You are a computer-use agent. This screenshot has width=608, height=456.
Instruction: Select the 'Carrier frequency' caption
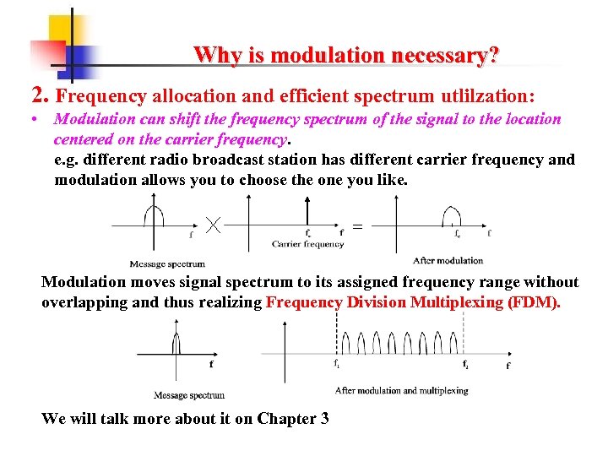point(307,244)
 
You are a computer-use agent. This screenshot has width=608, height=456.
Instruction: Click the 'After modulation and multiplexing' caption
point(401,390)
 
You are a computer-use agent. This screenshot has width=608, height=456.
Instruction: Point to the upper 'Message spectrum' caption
point(167,263)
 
